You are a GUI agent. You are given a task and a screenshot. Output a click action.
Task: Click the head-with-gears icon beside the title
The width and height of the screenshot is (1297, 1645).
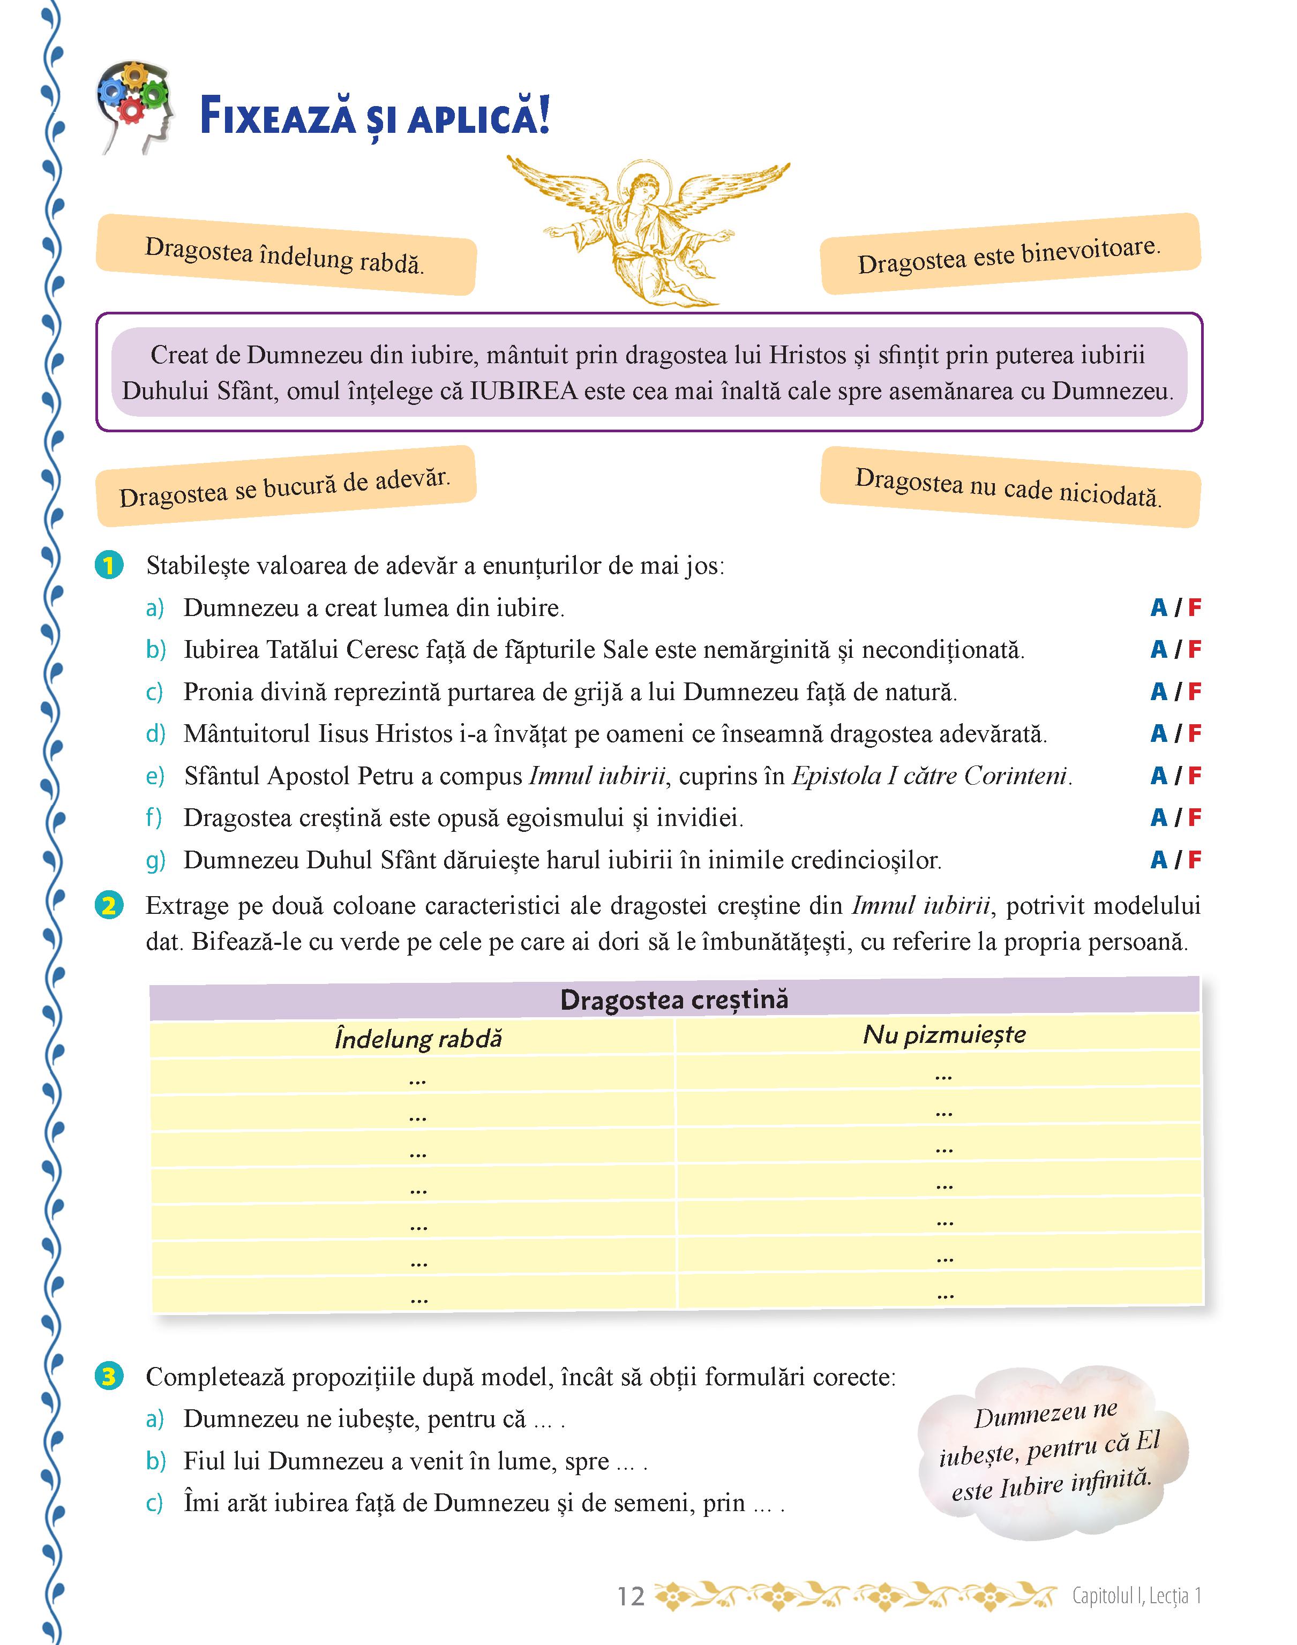click(135, 106)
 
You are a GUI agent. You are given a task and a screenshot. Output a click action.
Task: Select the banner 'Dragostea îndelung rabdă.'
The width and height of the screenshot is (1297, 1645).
click(285, 255)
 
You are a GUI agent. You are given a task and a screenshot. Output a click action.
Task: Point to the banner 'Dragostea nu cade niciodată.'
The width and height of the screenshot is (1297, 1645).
click(1009, 487)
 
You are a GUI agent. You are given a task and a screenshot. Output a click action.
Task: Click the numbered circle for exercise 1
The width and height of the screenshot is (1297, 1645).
click(109, 566)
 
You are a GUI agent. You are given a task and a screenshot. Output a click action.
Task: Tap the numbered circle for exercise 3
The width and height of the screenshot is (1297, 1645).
click(109, 1376)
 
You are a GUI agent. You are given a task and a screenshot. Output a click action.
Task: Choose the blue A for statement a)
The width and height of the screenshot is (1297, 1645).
click(1158, 608)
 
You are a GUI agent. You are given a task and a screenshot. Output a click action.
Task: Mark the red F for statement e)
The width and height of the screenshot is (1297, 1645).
click(1195, 776)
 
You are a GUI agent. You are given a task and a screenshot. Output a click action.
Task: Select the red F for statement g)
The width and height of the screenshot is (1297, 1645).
click(1195, 860)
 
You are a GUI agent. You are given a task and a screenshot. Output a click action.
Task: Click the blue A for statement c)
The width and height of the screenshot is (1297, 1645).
click(1158, 692)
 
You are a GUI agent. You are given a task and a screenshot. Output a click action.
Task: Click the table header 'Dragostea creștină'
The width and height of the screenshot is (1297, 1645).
click(673, 1000)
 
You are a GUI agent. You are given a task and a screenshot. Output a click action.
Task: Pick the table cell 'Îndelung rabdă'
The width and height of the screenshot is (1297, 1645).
click(418, 1039)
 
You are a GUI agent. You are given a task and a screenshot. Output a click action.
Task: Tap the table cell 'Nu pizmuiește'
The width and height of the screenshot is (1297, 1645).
click(944, 1035)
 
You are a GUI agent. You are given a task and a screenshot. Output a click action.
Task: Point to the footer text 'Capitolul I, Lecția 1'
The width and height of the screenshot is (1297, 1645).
click(1136, 1596)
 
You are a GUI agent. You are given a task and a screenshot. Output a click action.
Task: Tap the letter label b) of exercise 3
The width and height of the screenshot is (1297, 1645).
click(155, 1461)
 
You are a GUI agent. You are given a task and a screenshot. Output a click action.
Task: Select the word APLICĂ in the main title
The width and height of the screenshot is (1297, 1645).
click(478, 118)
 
